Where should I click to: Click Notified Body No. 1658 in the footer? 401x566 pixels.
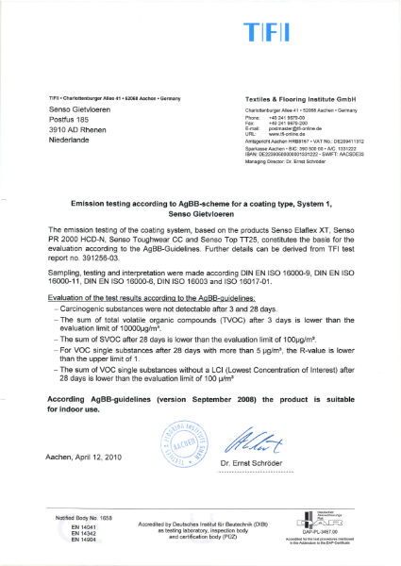(90, 519)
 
